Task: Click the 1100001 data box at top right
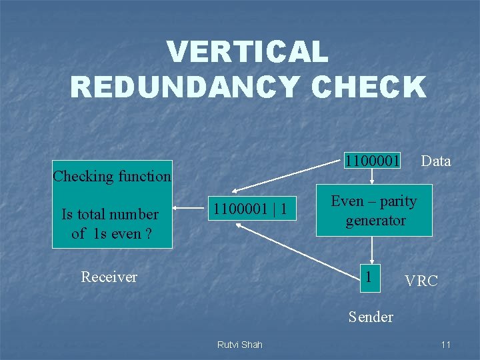click(x=373, y=161)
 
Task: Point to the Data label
click(x=436, y=161)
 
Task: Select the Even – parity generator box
click(x=375, y=211)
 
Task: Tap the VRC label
click(x=421, y=281)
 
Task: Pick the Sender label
click(x=371, y=317)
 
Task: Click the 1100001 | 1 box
click(x=250, y=209)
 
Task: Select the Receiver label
click(x=109, y=277)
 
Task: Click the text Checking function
click(x=112, y=176)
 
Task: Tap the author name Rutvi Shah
click(x=240, y=345)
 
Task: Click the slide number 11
click(x=446, y=345)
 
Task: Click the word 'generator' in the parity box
click(x=375, y=220)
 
